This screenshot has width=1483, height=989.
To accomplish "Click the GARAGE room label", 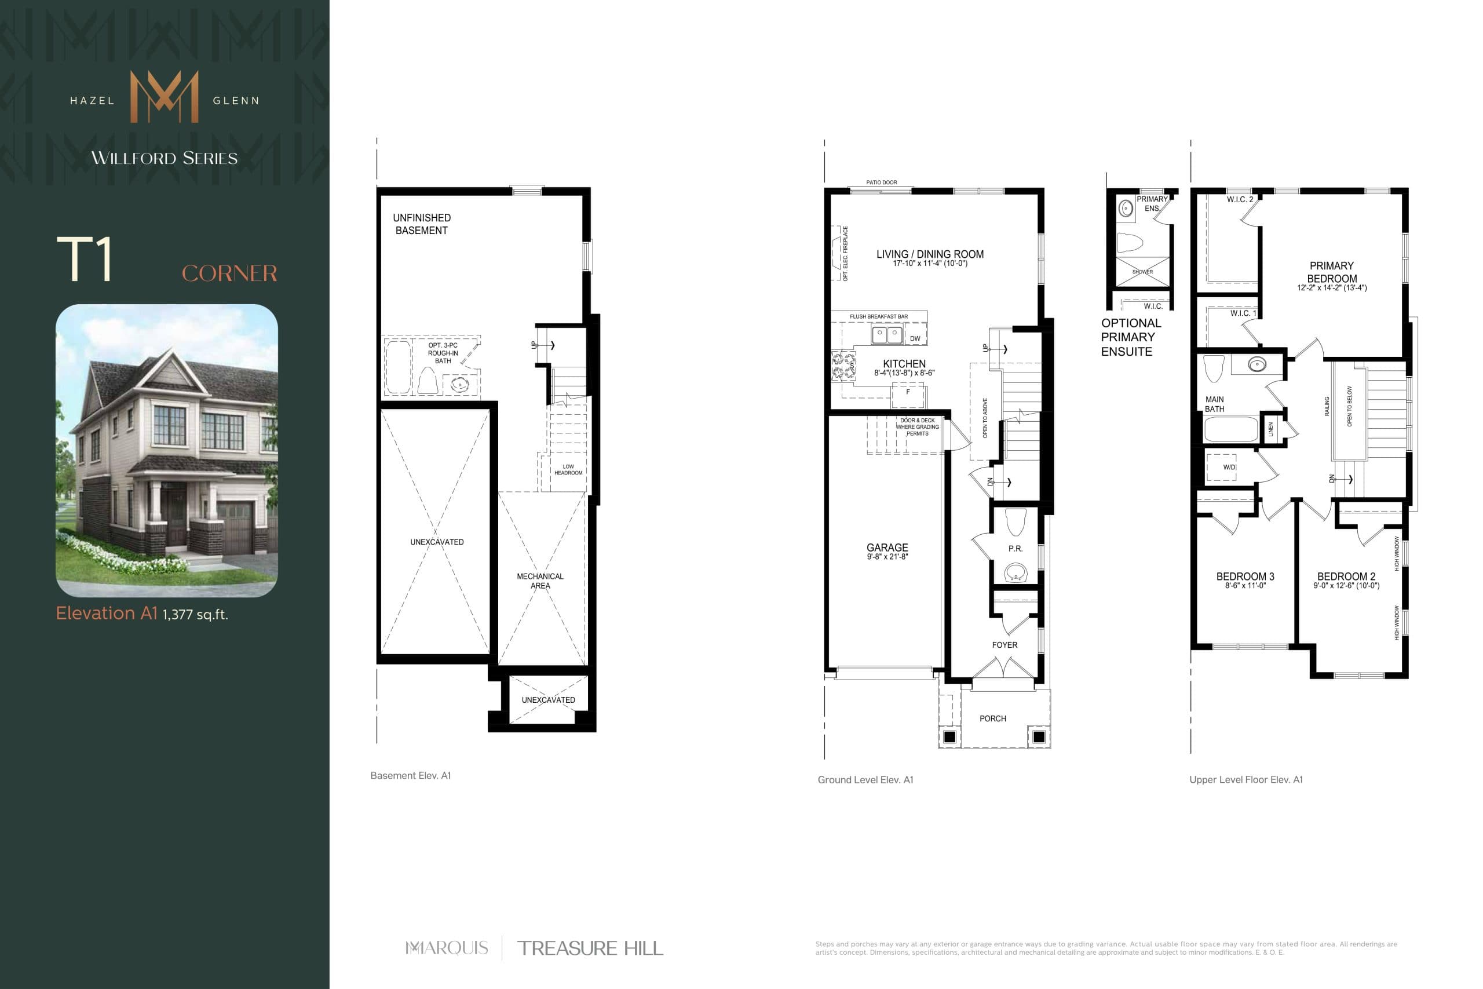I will [x=887, y=548].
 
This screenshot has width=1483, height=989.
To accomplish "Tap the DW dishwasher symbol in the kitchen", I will [x=915, y=339].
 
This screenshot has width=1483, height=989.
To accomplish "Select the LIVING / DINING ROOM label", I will [x=929, y=255].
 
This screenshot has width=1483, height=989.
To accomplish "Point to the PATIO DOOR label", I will [x=881, y=183].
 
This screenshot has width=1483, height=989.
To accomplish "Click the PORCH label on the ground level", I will [x=992, y=718].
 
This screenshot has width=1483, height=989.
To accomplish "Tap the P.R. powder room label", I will [x=1015, y=549].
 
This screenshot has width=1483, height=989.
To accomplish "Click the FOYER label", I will [x=1005, y=645].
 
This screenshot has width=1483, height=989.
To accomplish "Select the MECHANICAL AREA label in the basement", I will [x=540, y=581].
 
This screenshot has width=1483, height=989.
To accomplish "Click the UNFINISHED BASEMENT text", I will [x=421, y=224].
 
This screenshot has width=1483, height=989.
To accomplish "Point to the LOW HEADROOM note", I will [x=568, y=470].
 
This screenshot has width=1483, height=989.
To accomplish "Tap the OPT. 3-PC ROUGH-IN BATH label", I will [x=443, y=353].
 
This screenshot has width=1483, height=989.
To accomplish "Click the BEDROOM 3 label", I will [x=1245, y=577].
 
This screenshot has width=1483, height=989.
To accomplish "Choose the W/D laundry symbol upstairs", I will [x=1229, y=468].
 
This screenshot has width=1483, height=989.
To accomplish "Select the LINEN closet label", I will [x=1270, y=429].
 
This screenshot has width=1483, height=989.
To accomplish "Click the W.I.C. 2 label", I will [x=1240, y=199].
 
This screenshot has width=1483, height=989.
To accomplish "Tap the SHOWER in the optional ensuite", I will [x=1142, y=272].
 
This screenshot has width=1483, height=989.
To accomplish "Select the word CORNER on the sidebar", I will [x=229, y=273].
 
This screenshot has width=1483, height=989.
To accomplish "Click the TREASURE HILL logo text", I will [x=590, y=948].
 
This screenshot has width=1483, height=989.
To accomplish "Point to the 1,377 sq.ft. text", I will [x=195, y=614].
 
